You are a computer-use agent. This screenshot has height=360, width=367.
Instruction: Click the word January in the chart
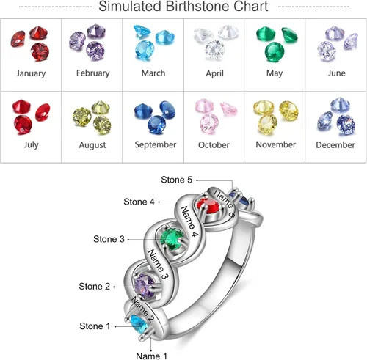tap(31, 73)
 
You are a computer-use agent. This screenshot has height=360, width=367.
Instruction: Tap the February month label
tap(92, 73)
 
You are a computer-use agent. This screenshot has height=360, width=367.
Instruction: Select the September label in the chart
tap(156, 144)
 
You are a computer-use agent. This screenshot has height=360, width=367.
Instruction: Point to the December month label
tap(335, 145)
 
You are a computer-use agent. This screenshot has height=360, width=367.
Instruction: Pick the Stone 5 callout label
tap(176, 180)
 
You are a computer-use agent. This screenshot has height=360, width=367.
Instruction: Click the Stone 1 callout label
tap(95, 326)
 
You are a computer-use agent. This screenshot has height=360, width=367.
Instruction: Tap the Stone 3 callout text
tap(109, 239)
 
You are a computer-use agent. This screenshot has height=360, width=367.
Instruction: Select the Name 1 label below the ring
tap(151, 356)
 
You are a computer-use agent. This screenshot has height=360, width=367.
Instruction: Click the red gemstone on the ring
tap(208, 205)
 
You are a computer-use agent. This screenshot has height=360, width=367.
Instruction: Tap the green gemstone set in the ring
tap(172, 237)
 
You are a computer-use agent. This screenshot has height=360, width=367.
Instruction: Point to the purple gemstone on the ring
tap(145, 285)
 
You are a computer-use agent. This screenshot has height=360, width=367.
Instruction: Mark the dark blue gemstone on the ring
tap(240, 199)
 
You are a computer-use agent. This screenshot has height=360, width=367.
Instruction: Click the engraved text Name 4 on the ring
tap(189, 221)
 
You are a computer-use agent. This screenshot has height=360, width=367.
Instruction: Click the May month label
tap(275, 73)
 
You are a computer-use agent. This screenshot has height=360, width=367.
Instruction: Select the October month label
tap(214, 145)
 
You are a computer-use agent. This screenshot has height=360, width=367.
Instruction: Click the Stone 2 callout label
tap(95, 286)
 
